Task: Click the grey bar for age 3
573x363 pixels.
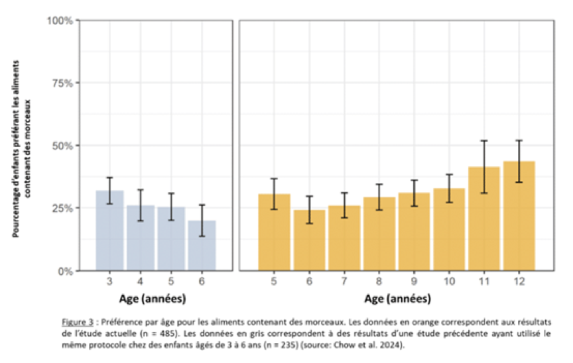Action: point(109,231)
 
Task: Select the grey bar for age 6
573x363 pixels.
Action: point(202,246)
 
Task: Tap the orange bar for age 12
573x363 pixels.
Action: point(519,216)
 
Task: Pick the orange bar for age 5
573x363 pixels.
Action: point(274,232)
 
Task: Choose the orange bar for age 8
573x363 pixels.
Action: point(379,234)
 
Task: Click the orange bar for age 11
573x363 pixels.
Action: point(484,219)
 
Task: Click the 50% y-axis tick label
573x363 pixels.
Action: point(62,146)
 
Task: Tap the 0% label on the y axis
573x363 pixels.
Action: point(66,272)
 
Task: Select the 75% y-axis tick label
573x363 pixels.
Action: point(62,83)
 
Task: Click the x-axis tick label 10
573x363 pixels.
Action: point(449,282)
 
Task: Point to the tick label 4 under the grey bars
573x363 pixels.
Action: point(140,282)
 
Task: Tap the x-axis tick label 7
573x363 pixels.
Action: point(344,282)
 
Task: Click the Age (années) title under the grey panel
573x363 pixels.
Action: point(153,299)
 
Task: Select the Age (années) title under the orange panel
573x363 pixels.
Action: point(398,299)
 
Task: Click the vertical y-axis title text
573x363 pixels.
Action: point(21,148)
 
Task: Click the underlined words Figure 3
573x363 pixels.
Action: point(78,322)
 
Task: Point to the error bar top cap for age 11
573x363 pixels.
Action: point(484,140)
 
